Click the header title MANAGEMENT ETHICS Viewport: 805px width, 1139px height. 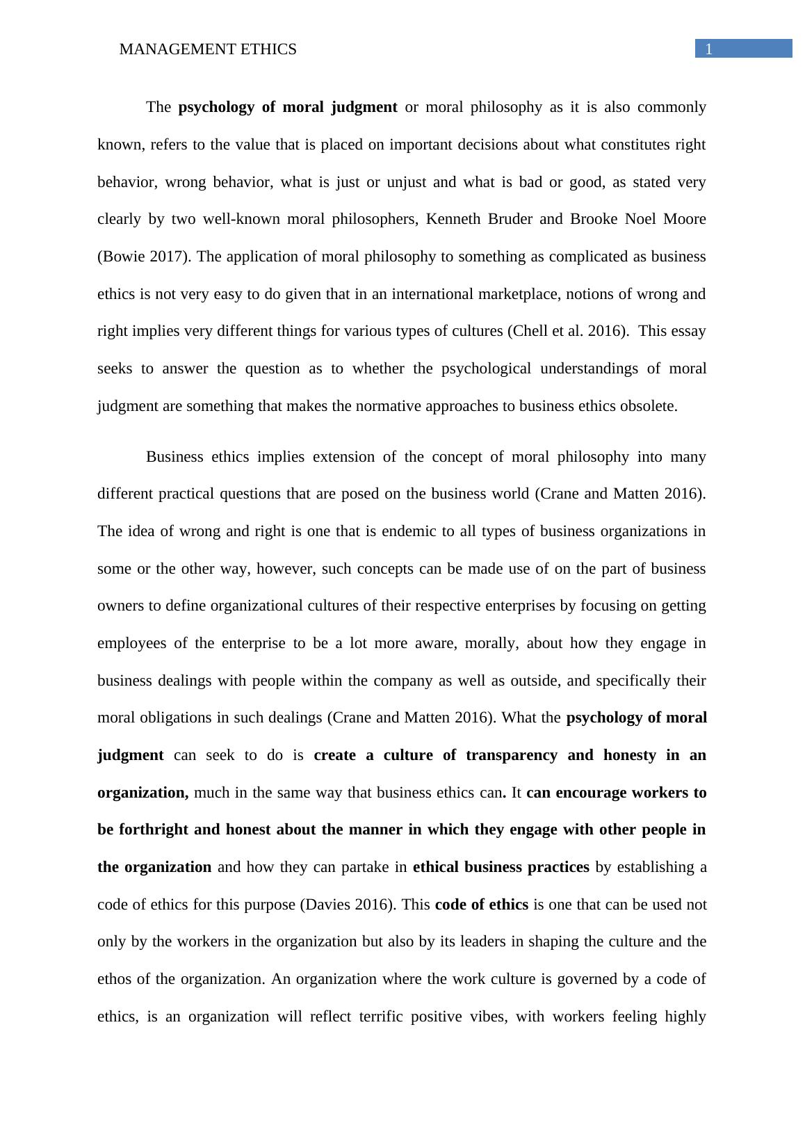click(208, 49)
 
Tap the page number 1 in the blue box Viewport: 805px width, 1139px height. click(709, 49)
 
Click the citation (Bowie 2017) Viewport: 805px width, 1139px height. click(145, 257)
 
